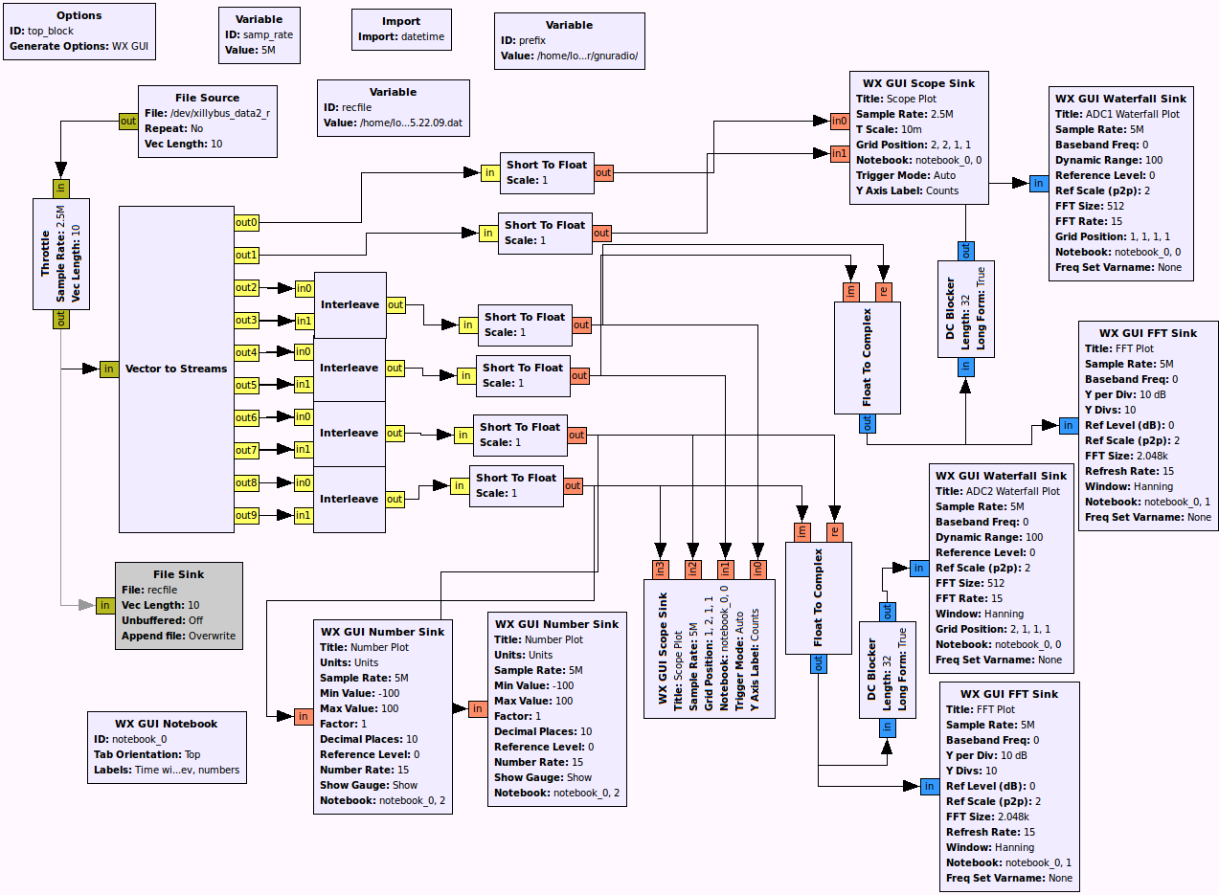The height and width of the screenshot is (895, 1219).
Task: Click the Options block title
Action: tap(79, 15)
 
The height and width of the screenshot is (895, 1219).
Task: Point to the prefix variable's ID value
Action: tap(530, 40)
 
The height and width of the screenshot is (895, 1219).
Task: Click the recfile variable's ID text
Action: tap(356, 107)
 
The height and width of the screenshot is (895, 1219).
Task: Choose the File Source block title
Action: tap(207, 98)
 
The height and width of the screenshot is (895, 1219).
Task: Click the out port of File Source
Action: tap(127, 121)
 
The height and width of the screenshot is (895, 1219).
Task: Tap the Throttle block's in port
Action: tap(61, 189)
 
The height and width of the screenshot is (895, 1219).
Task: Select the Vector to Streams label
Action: tap(176, 369)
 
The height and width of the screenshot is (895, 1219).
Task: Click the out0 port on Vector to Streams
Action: tap(246, 223)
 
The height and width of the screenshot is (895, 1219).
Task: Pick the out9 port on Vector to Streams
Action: tap(246, 516)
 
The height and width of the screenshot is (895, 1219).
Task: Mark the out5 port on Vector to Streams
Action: tap(246, 385)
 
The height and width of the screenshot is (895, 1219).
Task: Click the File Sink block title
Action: tap(178, 574)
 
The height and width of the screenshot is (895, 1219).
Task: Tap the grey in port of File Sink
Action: tap(104, 605)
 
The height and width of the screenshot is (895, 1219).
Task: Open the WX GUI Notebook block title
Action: tap(166, 724)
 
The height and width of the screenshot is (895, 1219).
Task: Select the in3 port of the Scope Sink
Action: tap(660, 569)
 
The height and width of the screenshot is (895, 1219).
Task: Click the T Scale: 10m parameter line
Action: tap(890, 129)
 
